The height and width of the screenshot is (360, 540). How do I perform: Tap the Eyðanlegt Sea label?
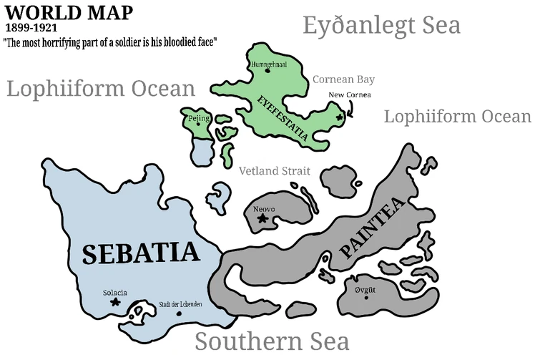coord(381,26)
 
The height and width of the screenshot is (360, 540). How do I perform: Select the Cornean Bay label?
coord(343,79)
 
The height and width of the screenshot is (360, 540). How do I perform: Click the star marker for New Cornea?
coord(340,115)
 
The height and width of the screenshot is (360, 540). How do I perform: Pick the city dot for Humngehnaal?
coord(267,70)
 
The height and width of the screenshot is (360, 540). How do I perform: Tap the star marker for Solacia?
coord(115,303)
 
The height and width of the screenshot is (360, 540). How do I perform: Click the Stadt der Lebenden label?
coord(180,304)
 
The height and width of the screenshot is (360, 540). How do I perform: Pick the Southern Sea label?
coord(272,340)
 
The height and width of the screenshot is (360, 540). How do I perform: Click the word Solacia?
coord(114,292)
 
